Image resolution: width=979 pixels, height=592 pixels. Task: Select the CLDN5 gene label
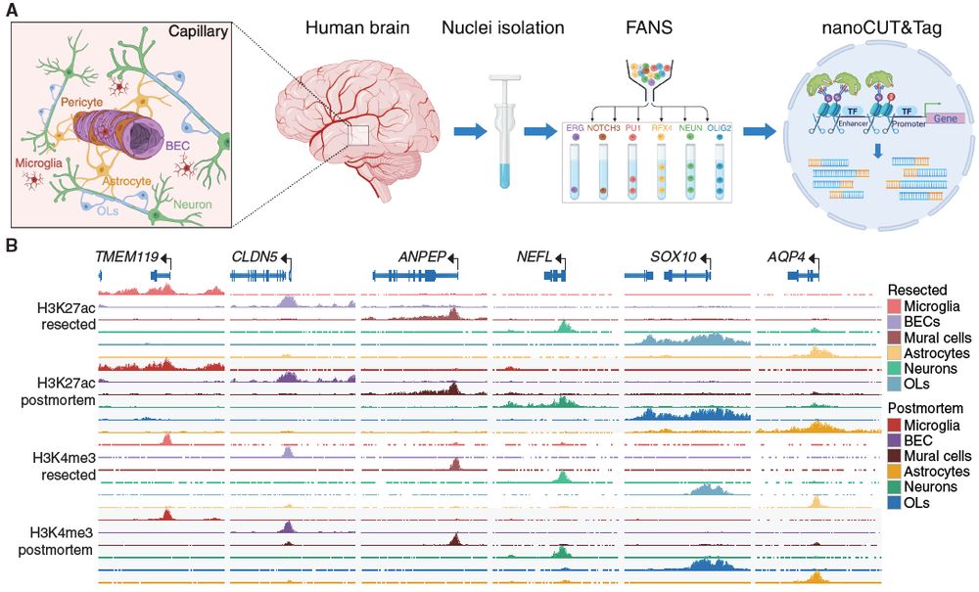[x=253, y=256]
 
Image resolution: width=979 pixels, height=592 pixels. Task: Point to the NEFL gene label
[x=535, y=256]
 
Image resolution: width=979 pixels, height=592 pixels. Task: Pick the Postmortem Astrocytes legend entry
[x=936, y=472]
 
